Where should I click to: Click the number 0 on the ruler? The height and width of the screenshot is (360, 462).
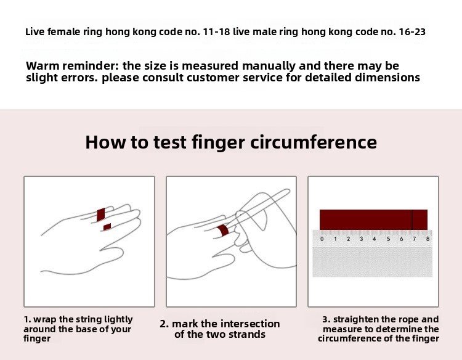pyautogui.click(x=322, y=239)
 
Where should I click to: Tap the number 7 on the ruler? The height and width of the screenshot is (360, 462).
pyautogui.click(x=415, y=239)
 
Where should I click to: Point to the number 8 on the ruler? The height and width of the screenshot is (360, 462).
pyautogui.click(x=428, y=239)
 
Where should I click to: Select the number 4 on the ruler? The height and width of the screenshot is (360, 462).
pyautogui.click(x=374, y=239)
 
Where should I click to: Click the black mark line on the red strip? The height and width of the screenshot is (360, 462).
pyautogui.click(x=412, y=219)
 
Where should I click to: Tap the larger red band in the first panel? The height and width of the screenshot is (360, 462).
pyautogui.click(x=101, y=215)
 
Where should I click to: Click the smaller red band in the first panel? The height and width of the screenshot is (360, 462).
pyautogui.click(x=107, y=227)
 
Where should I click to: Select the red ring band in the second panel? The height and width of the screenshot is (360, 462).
pyautogui.click(x=223, y=231)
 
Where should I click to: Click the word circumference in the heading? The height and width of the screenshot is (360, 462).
pyautogui.click(x=314, y=142)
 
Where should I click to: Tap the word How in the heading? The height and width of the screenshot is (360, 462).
pyautogui.click(x=105, y=142)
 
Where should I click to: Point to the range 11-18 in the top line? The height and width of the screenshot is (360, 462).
pyautogui.click(x=217, y=31)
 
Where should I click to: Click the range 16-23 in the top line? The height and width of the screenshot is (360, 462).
pyautogui.click(x=412, y=31)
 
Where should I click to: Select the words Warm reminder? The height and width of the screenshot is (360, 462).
pyautogui.click(x=72, y=65)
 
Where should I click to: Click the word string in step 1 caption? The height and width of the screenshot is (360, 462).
pyautogui.click(x=86, y=319)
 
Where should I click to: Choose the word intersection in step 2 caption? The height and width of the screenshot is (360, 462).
pyautogui.click(x=250, y=324)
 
